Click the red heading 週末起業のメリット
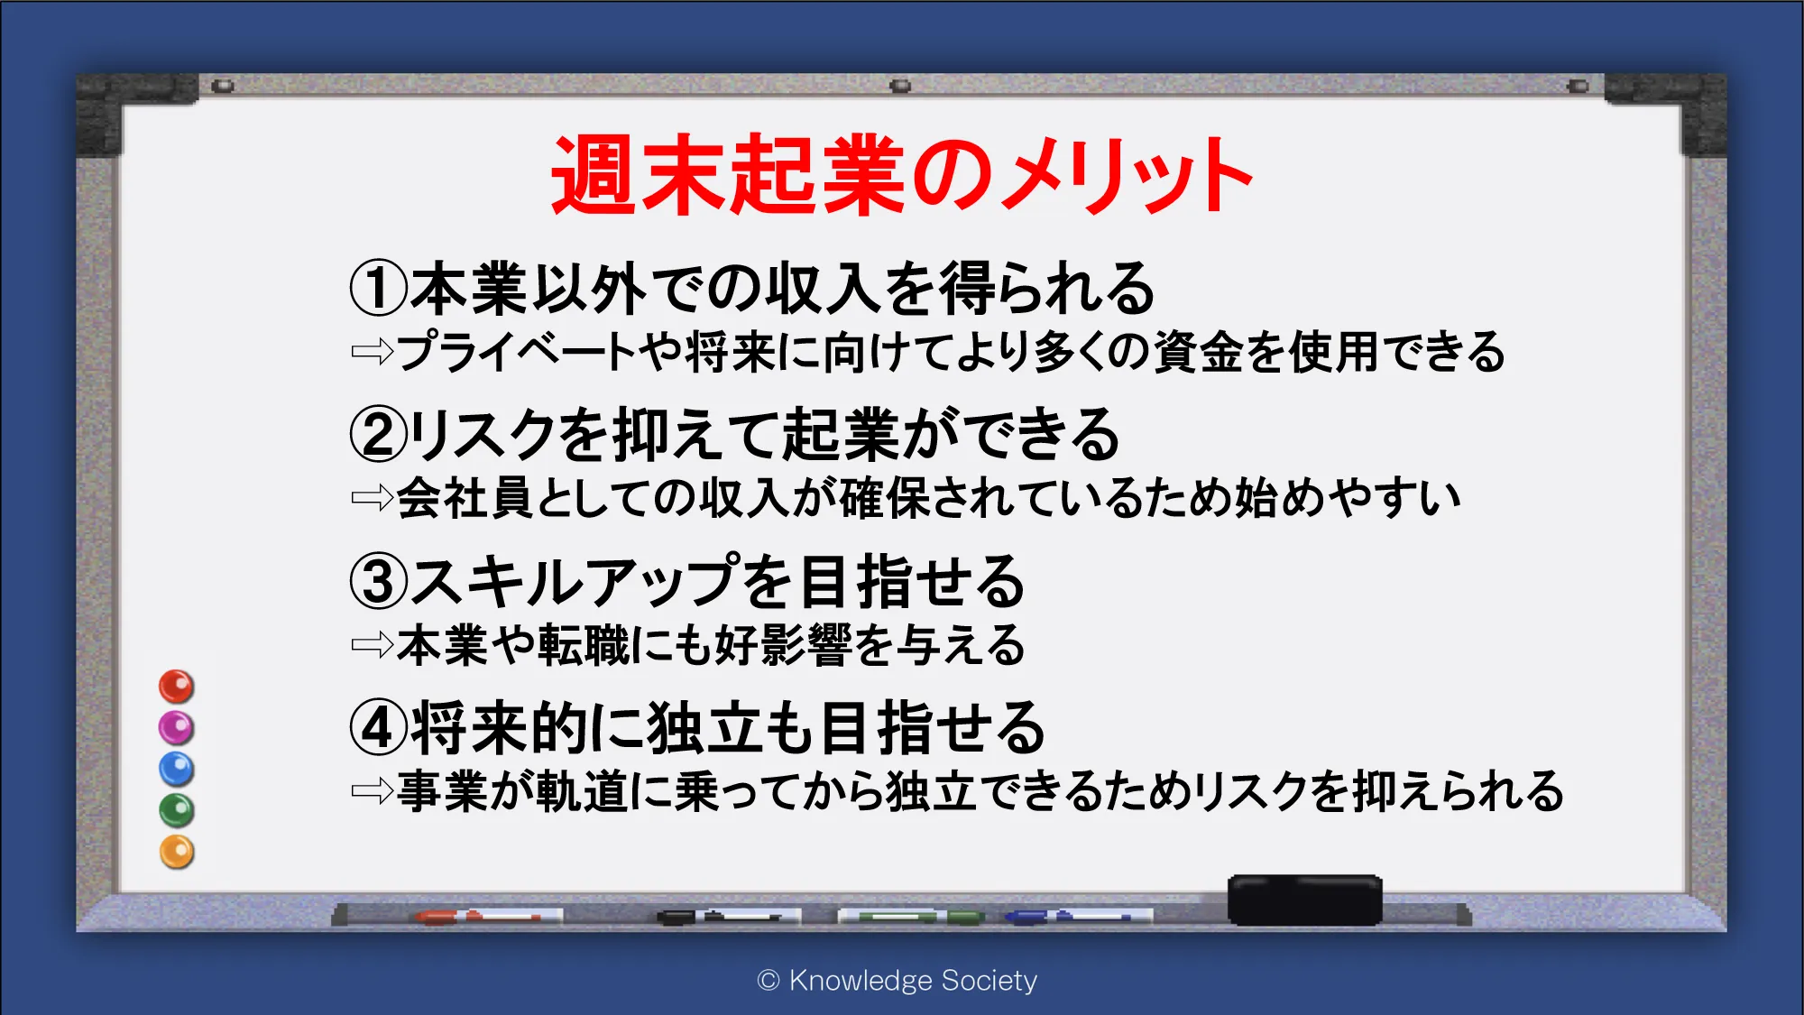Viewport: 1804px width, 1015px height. coord(902,175)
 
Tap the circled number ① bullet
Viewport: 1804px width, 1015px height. coord(379,288)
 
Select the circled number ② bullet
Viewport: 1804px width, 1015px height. coord(379,434)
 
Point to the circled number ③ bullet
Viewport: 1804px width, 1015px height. coord(379,581)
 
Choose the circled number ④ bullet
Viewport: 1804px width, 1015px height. coord(379,728)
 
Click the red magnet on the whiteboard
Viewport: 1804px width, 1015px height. coord(177,687)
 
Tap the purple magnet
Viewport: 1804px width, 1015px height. coord(177,727)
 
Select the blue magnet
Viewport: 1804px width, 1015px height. coord(177,769)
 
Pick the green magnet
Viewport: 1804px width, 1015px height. coord(177,810)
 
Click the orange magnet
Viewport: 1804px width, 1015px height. coord(177,852)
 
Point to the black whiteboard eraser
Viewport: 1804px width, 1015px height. coord(1305,900)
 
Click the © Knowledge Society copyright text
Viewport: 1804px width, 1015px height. coord(897,981)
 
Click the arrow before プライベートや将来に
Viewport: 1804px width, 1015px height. coord(373,351)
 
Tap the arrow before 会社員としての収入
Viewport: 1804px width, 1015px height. coord(373,497)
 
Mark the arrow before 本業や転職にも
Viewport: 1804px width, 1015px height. coord(373,644)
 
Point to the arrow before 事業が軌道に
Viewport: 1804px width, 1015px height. coord(373,791)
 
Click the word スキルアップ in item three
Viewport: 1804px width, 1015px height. coord(575,581)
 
